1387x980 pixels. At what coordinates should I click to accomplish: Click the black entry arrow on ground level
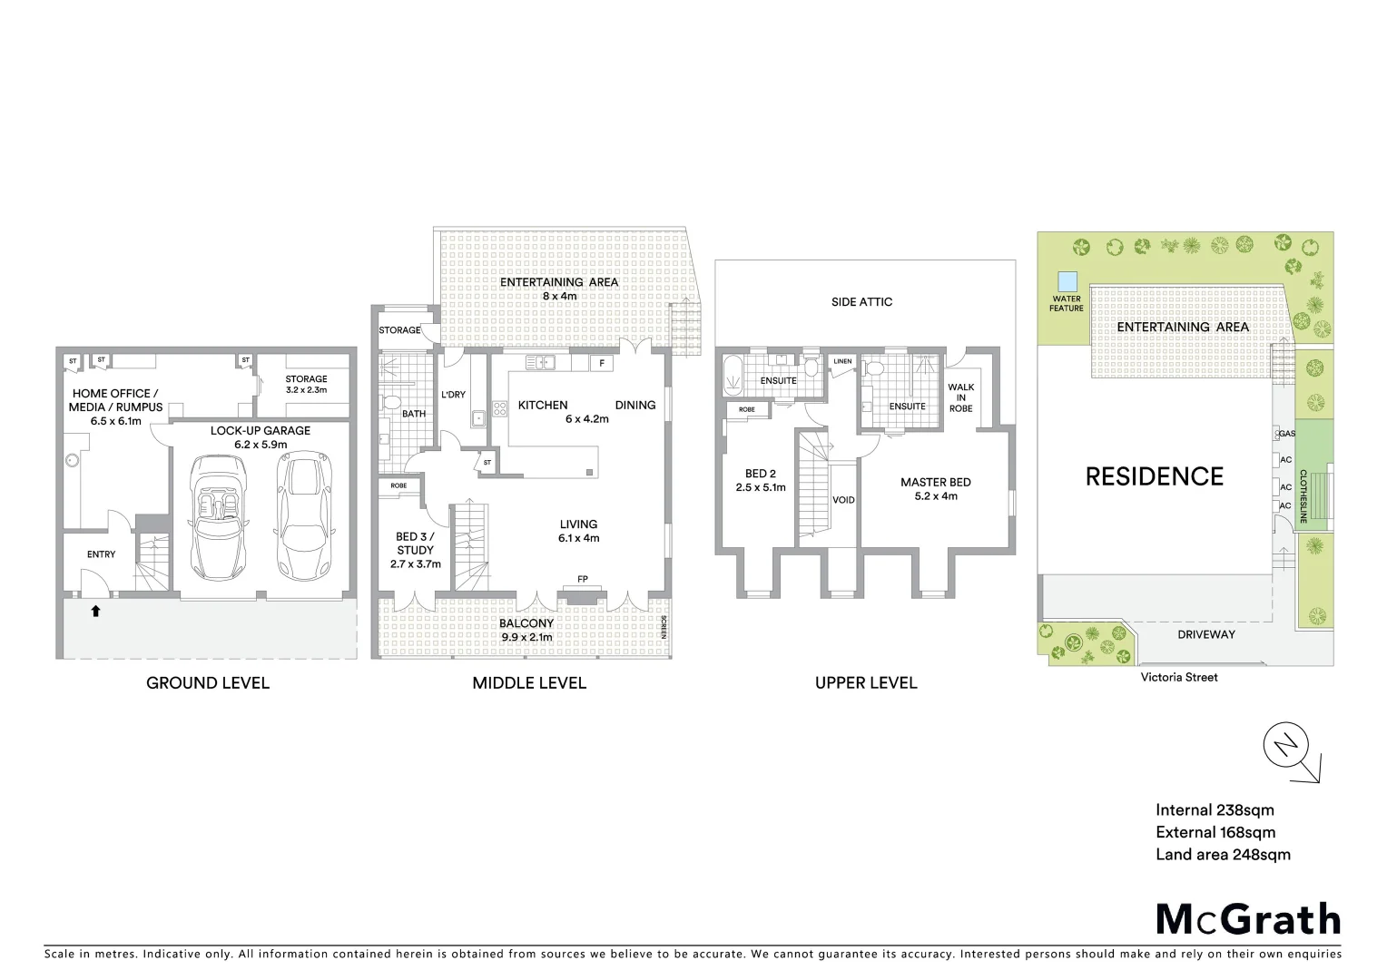pyautogui.click(x=95, y=612)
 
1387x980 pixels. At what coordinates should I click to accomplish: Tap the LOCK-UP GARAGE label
pyautogui.click(x=261, y=437)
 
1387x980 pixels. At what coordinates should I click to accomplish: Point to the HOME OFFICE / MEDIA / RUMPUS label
pyautogui.click(x=115, y=407)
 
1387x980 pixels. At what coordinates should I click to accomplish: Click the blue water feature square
pyautogui.click(x=1067, y=281)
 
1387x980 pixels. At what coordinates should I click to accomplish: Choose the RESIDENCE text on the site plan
pyautogui.click(x=1155, y=476)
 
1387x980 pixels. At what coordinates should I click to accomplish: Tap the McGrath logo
pyautogui.click(x=1248, y=919)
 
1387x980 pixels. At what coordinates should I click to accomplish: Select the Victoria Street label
pyautogui.click(x=1179, y=677)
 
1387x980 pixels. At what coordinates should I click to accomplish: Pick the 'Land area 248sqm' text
pyautogui.click(x=1223, y=854)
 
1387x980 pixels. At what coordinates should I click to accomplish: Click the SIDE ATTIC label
pyautogui.click(x=861, y=302)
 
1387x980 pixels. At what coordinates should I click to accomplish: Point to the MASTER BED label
pyautogui.click(x=935, y=489)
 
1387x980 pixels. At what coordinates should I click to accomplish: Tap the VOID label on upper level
pyautogui.click(x=843, y=500)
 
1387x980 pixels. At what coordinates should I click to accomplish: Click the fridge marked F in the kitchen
pyautogui.click(x=601, y=363)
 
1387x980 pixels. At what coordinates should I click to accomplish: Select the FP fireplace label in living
pyautogui.click(x=583, y=579)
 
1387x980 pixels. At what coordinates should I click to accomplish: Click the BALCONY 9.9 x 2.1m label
pyautogui.click(x=526, y=630)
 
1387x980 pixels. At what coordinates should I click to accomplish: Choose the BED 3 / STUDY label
pyautogui.click(x=415, y=550)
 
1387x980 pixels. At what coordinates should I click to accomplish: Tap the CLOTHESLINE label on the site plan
pyautogui.click(x=1303, y=496)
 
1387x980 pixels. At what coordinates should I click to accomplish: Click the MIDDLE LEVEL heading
pyautogui.click(x=529, y=683)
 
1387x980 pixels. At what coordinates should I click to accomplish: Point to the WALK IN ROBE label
pyautogui.click(x=960, y=397)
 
